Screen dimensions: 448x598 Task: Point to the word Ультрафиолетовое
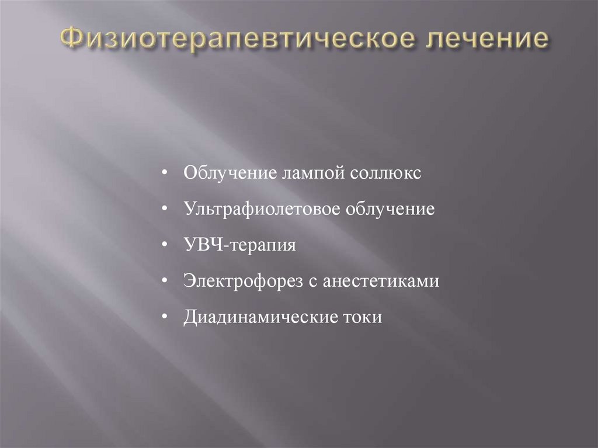[x=261, y=209]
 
